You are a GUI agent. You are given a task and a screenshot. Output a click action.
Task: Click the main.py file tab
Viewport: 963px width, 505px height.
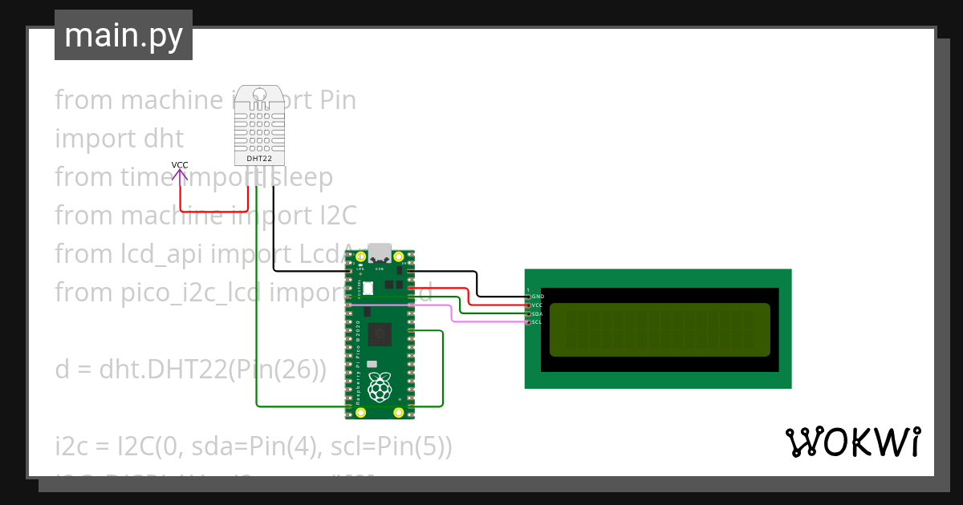(123, 35)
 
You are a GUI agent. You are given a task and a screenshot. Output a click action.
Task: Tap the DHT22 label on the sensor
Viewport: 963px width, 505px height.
(258, 159)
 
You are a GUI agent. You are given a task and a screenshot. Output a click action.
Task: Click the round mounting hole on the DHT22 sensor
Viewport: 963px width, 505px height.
(259, 95)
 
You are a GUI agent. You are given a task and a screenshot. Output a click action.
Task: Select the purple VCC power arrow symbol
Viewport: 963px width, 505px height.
(180, 175)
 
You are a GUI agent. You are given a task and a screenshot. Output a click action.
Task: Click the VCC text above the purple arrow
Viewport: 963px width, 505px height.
(180, 165)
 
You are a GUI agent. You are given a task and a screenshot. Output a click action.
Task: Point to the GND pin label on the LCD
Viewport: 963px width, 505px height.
(538, 297)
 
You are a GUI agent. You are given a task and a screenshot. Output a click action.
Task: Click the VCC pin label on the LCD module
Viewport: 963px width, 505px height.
(538, 305)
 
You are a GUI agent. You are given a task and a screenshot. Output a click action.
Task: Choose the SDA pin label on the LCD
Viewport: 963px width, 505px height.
(538, 313)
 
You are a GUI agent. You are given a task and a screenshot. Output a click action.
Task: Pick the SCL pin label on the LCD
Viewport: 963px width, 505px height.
(537, 321)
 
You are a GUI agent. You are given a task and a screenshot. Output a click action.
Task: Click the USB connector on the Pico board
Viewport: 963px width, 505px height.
(379, 252)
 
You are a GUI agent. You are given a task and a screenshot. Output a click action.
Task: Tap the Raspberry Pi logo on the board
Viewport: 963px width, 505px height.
(379, 389)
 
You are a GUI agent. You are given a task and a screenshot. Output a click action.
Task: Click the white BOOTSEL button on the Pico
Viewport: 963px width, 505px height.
(368, 287)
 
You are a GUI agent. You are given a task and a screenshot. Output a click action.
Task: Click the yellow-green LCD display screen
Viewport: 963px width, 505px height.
(660, 329)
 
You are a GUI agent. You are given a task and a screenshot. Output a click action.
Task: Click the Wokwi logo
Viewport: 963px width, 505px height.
(852, 442)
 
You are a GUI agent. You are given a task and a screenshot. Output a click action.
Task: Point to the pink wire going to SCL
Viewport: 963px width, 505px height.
(481, 321)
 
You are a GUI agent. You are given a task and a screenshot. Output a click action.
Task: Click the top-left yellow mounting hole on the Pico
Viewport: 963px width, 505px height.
(351, 257)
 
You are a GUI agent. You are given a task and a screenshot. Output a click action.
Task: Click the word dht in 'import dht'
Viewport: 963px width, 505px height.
(165, 139)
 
